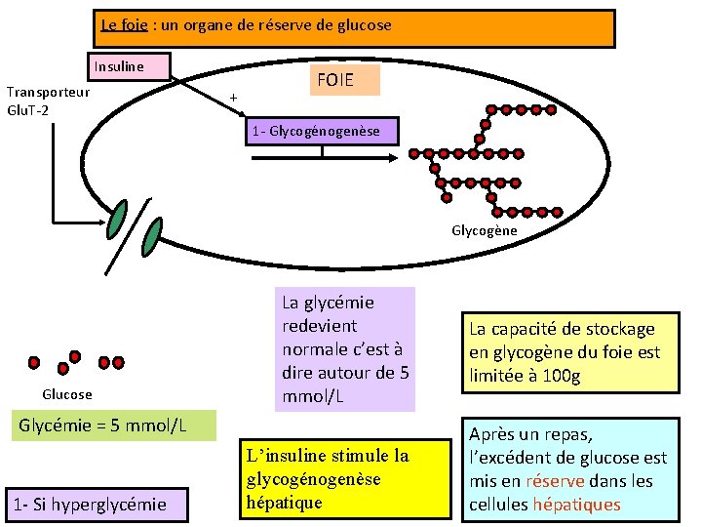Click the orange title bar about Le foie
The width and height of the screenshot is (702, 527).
(x=357, y=28)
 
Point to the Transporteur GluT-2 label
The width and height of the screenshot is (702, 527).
(x=49, y=100)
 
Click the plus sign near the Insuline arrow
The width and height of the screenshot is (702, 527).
(x=233, y=98)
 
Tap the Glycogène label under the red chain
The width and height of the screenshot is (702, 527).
(x=484, y=231)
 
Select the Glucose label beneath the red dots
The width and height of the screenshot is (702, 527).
(x=67, y=394)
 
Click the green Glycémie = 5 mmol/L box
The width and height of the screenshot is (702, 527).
(x=110, y=426)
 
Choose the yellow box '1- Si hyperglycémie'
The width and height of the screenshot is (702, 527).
(x=87, y=504)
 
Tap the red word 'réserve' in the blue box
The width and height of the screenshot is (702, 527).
(x=555, y=481)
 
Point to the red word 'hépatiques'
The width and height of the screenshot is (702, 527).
(x=575, y=505)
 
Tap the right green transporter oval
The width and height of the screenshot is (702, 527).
(x=152, y=235)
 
